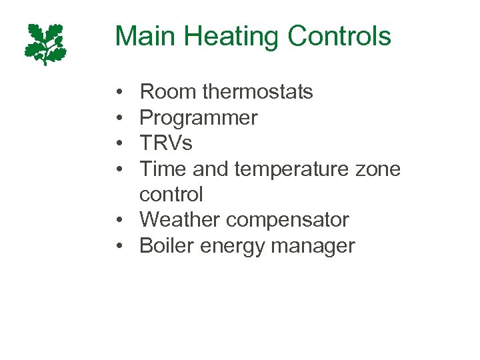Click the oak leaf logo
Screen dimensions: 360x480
(45, 44)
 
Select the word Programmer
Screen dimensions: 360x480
(199, 118)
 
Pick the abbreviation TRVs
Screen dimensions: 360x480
(166, 143)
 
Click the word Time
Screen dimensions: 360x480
(163, 169)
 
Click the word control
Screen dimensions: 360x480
(171, 195)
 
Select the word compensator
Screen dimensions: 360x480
(290, 220)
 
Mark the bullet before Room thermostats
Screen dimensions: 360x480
(118, 92)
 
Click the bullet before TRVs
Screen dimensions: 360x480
(118, 143)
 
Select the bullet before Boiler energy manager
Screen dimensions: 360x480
(118, 245)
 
